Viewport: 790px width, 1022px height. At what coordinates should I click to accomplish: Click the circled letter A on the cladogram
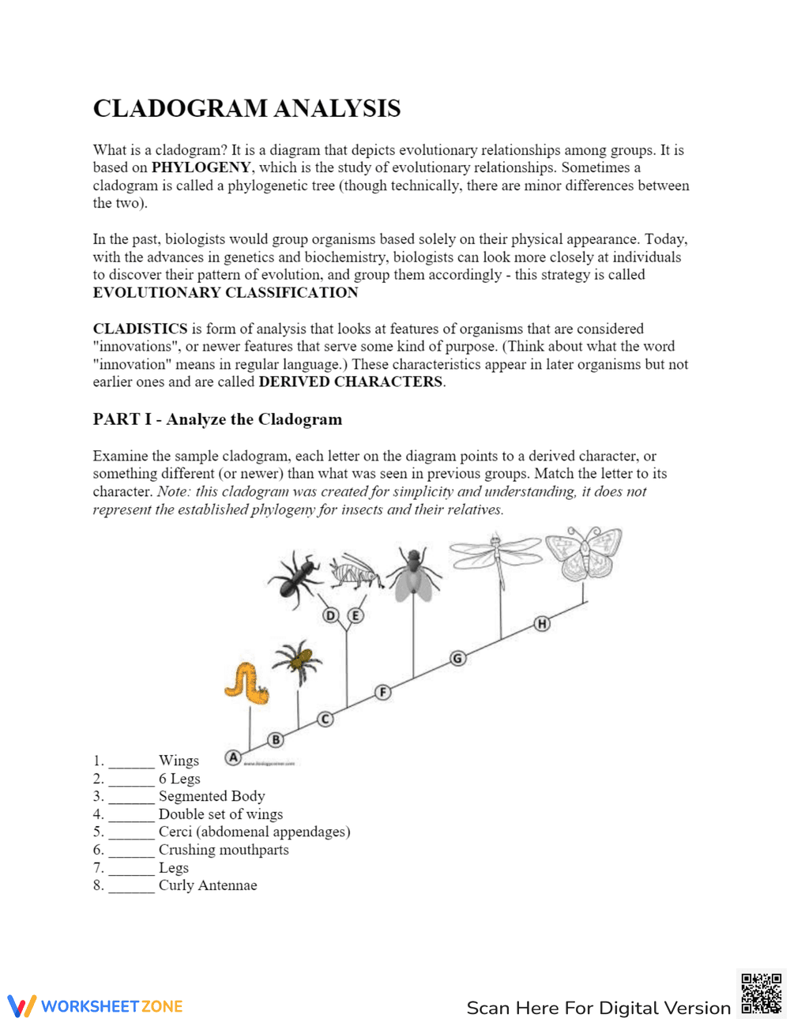point(233,757)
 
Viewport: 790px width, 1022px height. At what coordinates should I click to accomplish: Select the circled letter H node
point(542,624)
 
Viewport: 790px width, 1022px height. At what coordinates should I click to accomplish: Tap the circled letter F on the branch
point(382,693)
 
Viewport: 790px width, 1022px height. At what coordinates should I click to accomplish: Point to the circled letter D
point(331,615)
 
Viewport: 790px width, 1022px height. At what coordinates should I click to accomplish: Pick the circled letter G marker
point(457,658)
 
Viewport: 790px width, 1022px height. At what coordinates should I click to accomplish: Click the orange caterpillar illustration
point(246,683)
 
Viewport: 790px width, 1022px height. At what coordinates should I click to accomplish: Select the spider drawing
point(297,660)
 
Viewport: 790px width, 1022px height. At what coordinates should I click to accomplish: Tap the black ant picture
point(295,578)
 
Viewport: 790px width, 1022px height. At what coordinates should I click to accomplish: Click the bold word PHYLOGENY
point(201,167)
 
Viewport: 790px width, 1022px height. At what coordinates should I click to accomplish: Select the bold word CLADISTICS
point(140,329)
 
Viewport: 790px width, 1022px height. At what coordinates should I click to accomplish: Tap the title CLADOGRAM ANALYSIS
point(246,108)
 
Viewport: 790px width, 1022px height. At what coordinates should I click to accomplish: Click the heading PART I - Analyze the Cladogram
point(217,419)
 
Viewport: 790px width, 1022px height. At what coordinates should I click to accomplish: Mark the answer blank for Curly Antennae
point(131,886)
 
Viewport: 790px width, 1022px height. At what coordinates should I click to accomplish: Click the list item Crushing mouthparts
point(224,850)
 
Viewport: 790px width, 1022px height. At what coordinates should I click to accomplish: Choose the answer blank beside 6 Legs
point(131,780)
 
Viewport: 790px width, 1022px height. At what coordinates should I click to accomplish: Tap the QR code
point(761,993)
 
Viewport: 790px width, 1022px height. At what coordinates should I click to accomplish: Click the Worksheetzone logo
point(96,1006)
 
